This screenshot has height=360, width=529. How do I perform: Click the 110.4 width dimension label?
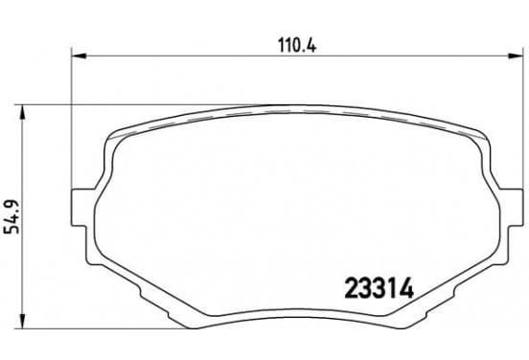[297, 46]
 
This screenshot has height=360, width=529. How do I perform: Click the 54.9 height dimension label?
[12, 216]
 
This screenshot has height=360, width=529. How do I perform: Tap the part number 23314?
[379, 288]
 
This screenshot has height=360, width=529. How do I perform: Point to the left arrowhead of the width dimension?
[79, 56]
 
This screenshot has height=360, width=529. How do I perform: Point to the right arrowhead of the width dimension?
[515, 56]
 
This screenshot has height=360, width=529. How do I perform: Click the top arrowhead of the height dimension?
[22, 112]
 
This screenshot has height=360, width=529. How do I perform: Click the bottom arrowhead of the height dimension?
[22, 321]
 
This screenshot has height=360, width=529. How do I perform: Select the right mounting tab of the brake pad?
[510, 208]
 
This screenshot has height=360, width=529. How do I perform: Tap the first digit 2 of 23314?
[351, 288]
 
